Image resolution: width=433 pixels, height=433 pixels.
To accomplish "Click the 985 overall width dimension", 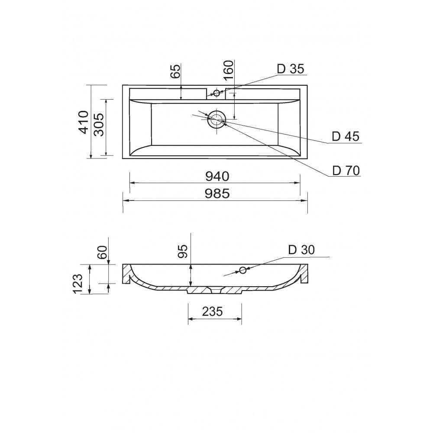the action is [217, 194].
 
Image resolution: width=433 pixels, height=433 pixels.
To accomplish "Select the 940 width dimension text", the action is [217, 177].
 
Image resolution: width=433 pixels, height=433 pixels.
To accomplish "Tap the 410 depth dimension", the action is [84, 122].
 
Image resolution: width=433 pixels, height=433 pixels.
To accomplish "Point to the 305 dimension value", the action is [99, 125].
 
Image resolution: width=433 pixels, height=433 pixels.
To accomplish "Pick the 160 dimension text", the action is [229, 70].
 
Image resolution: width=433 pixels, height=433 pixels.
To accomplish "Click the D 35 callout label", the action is [291, 69].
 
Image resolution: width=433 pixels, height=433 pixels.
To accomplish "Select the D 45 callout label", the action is [345, 136].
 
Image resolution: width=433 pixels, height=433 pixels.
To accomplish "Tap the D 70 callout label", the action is [346, 171].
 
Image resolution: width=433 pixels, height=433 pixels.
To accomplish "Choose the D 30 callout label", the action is [301, 250].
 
